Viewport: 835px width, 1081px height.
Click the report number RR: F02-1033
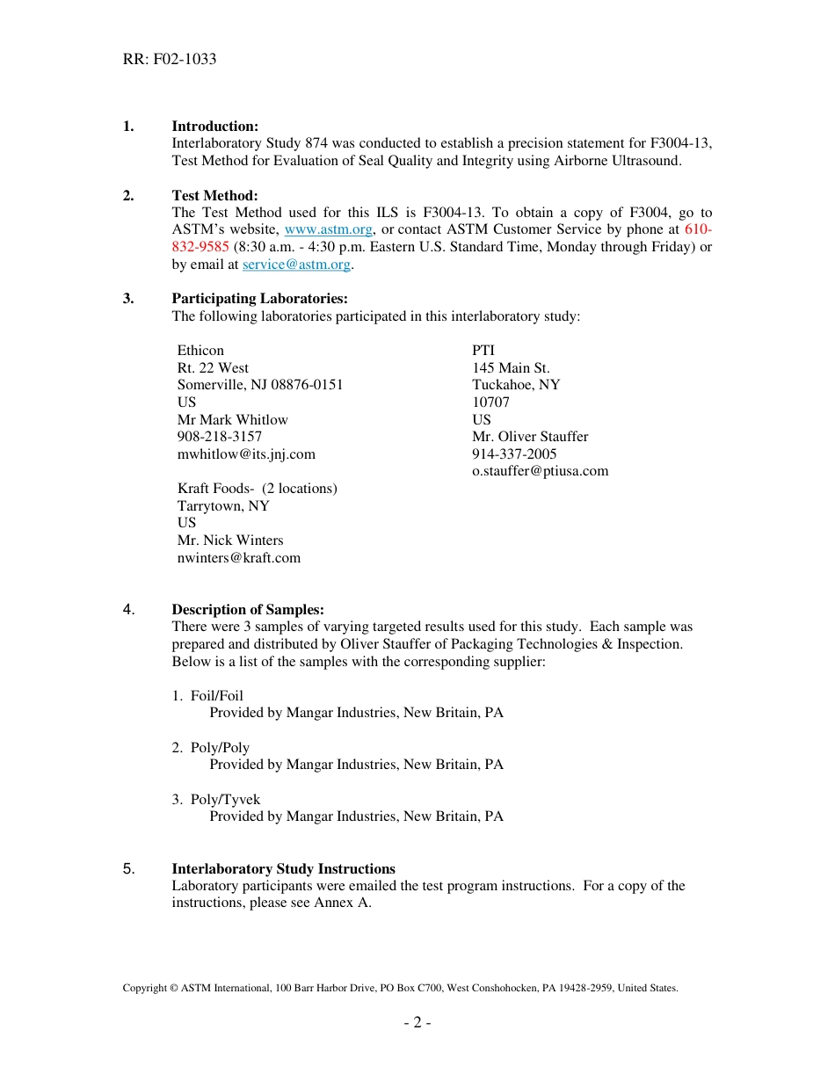170,60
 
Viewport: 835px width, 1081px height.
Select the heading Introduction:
214,127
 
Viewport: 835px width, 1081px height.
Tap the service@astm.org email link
296,265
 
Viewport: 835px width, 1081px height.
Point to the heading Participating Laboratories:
259,299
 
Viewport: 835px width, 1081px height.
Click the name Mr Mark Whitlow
233,420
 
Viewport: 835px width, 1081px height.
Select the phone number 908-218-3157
220,437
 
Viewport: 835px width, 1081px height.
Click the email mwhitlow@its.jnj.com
246,454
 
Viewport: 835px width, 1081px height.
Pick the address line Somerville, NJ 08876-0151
260,385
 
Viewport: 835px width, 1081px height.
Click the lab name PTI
483,351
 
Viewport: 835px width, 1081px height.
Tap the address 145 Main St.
511,368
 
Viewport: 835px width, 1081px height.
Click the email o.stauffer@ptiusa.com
540,471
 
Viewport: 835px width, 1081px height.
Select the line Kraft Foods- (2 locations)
257,489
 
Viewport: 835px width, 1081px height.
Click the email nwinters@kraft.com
239,558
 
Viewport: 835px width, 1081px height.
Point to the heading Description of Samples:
248,610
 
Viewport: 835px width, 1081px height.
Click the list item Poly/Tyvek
225,800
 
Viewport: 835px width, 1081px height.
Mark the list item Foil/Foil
217,696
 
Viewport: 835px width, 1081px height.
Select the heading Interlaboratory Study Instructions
283,869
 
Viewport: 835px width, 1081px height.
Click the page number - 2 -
417,1023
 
